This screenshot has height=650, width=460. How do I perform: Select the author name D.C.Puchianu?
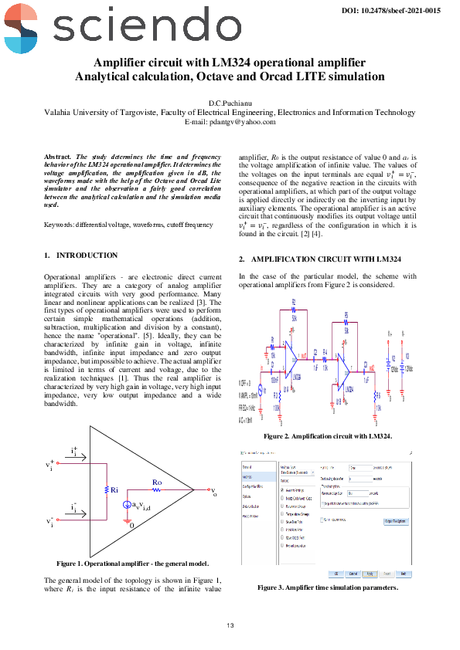(x=230, y=103)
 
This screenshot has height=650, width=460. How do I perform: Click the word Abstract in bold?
(x=59, y=156)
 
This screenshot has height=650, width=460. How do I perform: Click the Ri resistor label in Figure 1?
(x=114, y=489)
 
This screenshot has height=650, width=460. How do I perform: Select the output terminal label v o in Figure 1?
(x=213, y=490)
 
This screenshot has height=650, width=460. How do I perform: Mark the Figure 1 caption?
(x=132, y=563)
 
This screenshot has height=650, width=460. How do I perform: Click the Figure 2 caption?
(x=327, y=436)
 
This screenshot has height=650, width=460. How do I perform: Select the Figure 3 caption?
(x=327, y=587)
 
